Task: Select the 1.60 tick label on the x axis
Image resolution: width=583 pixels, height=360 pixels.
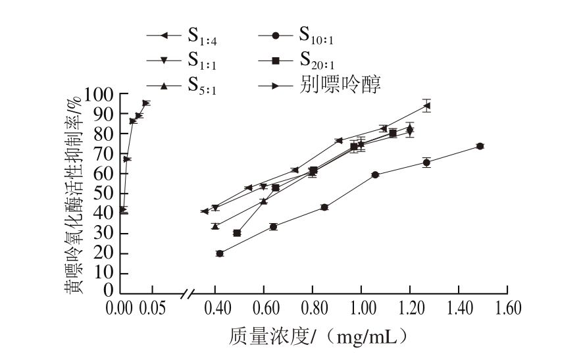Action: point(507,309)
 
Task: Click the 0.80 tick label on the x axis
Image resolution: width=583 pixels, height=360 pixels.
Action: point(313,309)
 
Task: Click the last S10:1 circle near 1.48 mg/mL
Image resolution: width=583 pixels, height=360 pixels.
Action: point(480,146)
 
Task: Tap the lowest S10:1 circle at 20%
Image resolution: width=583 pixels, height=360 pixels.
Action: point(220,253)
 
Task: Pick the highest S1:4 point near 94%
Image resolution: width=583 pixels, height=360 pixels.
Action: point(427,105)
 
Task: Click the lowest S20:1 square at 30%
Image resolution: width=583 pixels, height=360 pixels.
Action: point(237,233)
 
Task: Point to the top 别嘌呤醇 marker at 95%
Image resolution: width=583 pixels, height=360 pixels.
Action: point(145,103)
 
